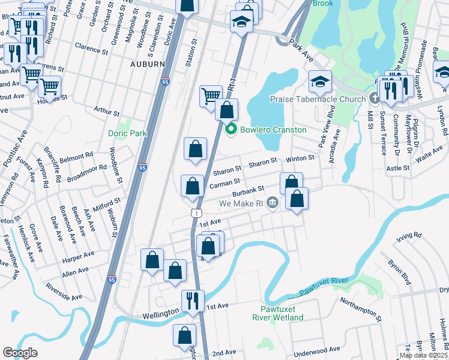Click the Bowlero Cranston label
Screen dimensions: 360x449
(274, 130)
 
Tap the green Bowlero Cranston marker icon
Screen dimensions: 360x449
(230, 130)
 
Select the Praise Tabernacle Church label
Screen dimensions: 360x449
(318, 99)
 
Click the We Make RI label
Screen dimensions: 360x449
(241, 204)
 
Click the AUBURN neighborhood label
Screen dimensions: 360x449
(147, 64)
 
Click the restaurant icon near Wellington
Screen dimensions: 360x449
(193, 300)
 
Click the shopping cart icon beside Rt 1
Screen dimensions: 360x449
(211, 95)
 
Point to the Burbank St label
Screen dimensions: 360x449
(249, 191)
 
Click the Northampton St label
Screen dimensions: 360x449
(360, 308)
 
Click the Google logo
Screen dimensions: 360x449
(20, 353)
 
